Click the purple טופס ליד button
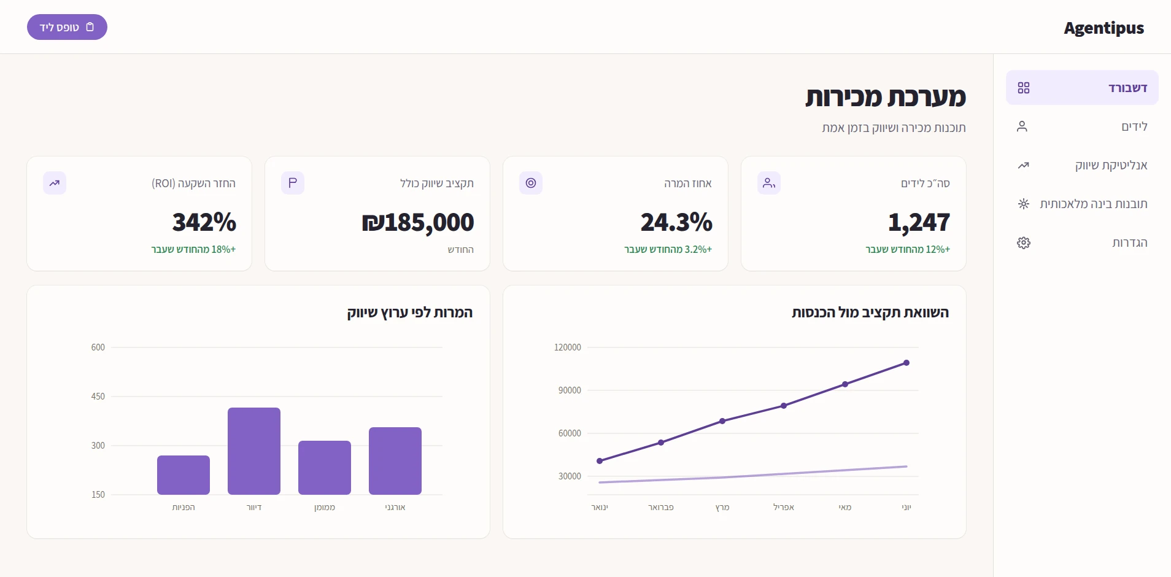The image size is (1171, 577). coord(67,27)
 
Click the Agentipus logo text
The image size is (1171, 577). coord(1103,28)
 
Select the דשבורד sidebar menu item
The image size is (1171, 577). coord(1082,88)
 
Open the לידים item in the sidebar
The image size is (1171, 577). coord(1082,126)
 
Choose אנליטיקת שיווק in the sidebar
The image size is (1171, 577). coord(1082,165)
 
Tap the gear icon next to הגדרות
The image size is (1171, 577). coord(1024,242)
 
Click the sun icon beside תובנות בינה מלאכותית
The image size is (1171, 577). coord(1024,204)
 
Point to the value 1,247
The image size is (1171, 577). coord(919,222)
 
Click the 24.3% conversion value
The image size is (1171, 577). coord(676,222)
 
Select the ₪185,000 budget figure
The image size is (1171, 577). coord(418,222)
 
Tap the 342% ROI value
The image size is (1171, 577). coord(204,222)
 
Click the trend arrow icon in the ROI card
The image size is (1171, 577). coord(55,183)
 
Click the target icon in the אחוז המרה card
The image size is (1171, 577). coord(531,183)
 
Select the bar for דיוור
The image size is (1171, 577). coord(254,451)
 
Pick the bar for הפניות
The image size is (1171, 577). coord(184,475)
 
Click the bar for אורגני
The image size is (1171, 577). coord(395,461)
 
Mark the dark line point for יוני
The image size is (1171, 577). coord(906,363)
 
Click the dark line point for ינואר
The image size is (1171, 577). coord(600,461)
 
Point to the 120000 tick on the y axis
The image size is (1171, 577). coord(568,347)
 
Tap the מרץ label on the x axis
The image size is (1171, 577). coord(722,507)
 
